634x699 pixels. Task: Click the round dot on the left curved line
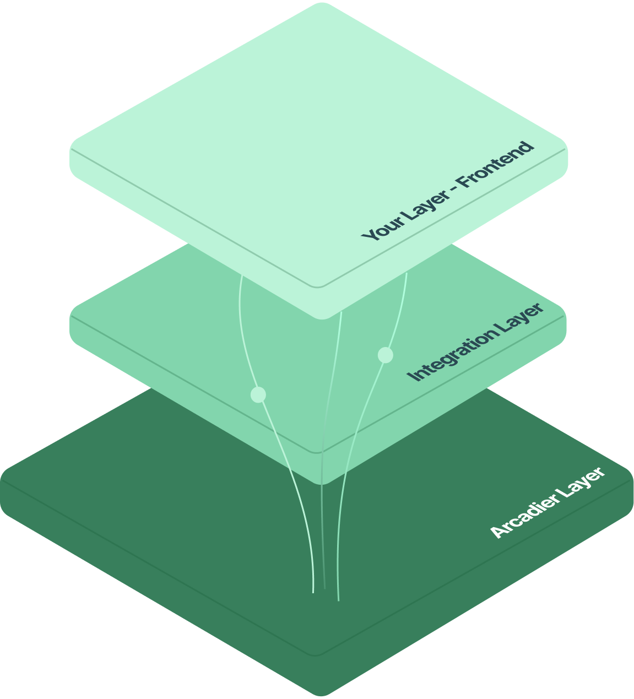pyautogui.click(x=258, y=394)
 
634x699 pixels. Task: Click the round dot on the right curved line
pyautogui.click(x=386, y=355)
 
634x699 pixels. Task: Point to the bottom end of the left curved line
pyautogui.click(x=313, y=592)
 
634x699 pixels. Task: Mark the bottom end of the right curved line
pyautogui.click(x=338, y=599)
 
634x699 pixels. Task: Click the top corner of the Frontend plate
pyautogui.click(x=319, y=4)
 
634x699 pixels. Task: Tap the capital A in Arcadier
pyautogui.click(x=498, y=530)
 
